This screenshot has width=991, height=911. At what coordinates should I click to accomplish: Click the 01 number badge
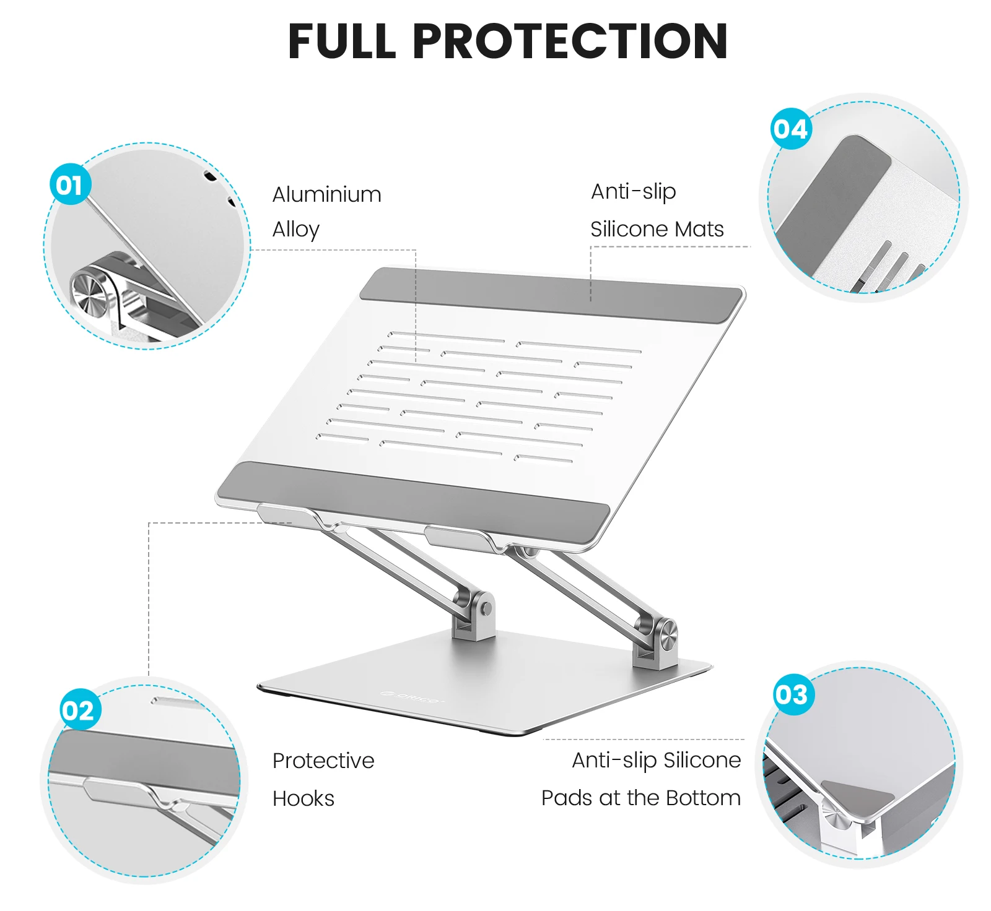[x=70, y=184]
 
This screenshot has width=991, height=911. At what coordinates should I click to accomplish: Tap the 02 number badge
[x=79, y=709]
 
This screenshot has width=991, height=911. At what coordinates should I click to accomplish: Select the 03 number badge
[x=792, y=694]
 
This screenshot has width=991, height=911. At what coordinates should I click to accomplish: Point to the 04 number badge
[x=791, y=129]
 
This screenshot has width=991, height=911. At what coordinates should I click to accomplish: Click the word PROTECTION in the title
[x=570, y=41]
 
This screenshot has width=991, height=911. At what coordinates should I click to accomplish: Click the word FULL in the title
[x=342, y=41]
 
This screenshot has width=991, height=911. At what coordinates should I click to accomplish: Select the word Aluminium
[x=326, y=194]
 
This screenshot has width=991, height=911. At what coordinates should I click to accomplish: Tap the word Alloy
[x=296, y=230]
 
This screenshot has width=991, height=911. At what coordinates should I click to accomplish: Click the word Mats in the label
[x=699, y=229]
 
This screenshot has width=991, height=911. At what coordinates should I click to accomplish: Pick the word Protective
[x=323, y=761]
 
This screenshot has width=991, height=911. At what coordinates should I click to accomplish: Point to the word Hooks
[x=303, y=798]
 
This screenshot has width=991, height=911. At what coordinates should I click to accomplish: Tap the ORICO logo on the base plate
[x=413, y=697]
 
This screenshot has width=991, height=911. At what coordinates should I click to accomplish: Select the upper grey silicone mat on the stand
[x=551, y=295]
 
